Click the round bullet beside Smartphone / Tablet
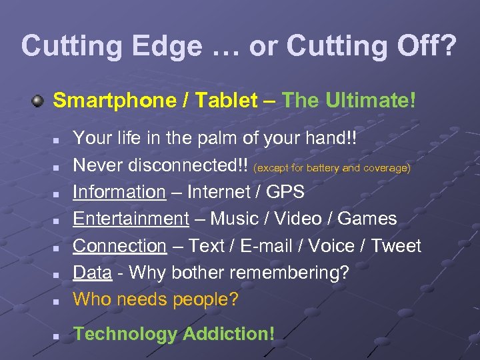(x=39, y=101)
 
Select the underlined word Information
(x=119, y=192)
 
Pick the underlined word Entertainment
(x=131, y=219)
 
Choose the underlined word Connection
(x=119, y=246)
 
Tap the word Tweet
(x=396, y=246)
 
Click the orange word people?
(x=205, y=299)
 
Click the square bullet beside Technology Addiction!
(x=58, y=335)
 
